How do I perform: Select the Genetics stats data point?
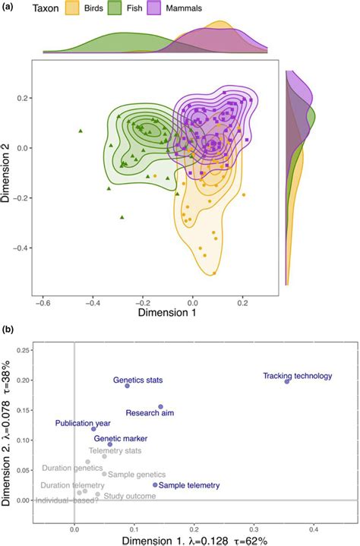point(127,386)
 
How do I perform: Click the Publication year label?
point(84,422)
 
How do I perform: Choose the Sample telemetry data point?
point(156,484)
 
